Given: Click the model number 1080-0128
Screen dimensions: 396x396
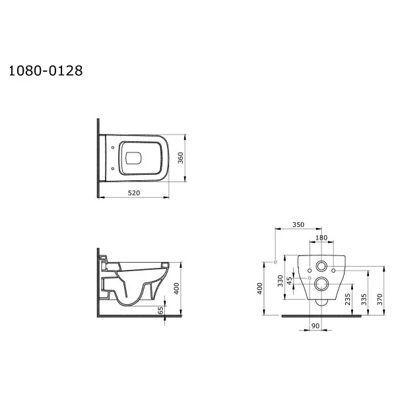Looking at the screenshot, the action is tap(46, 71).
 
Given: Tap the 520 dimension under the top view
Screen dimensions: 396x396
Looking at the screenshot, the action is tap(134, 193).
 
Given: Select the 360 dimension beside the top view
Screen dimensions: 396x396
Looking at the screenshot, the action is tap(181, 158).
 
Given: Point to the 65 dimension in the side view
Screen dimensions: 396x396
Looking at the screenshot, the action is tap(160, 310).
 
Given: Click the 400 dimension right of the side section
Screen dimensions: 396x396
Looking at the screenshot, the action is tap(176, 288).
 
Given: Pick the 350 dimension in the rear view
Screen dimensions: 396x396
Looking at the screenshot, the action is tap(298, 224).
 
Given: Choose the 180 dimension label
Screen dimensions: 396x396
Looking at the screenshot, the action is tap(321, 238).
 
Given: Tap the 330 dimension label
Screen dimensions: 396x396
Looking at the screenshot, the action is tap(280, 281).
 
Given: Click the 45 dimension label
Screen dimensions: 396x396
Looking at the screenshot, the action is tap(290, 280).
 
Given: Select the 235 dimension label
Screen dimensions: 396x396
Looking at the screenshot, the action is tap(348, 299).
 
